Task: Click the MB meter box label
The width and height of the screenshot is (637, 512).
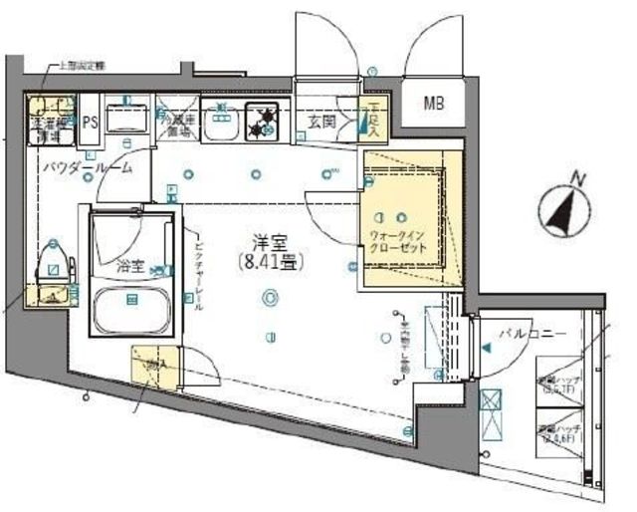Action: click(x=436, y=103)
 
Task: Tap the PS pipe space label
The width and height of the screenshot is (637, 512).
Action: click(x=90, y=122)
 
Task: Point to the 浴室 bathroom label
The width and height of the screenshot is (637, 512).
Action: click(x=129, y=266)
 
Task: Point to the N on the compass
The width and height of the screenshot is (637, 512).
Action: click(x=575, y=180)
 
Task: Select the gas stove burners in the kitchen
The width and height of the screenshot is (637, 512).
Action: click(x=266, y=122)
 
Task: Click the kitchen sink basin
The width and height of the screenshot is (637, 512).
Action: click(x=219, y=124)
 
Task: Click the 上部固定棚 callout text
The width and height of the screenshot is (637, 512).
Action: click(x=81, y=66)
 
